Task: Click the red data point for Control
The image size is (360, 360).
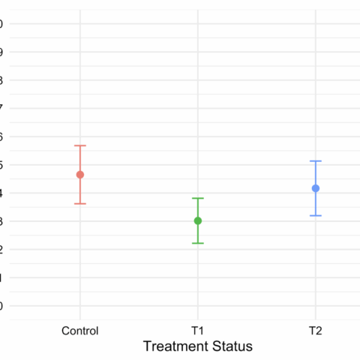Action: (80, 175)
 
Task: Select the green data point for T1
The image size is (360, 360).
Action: (198, 220)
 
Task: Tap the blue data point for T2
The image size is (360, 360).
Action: (316, 188)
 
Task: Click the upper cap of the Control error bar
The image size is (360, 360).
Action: (80, 145)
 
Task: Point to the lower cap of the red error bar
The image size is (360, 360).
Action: (80, 204)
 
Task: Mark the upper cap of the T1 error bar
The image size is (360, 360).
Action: (198, 198)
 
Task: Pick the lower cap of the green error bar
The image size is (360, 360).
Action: (198, 243)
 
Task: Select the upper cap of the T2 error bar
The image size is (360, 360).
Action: (316, 161)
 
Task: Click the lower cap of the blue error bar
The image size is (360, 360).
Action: (316, 216)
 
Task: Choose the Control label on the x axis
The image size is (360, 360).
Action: (80, 330)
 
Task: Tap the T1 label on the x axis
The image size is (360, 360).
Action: (198, 330)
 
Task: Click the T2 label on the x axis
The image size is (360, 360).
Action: (316, 330)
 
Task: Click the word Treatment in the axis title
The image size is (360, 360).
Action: (177, 346)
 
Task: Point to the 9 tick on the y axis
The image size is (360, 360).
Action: (2, 52)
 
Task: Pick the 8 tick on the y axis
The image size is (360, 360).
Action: (2, 79)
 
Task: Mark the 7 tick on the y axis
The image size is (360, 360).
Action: (2, 108)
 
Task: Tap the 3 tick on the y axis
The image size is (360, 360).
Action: (2, 221)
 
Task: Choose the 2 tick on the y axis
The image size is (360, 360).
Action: (2, 249)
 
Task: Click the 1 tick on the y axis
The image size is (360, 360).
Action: (2, 277)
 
